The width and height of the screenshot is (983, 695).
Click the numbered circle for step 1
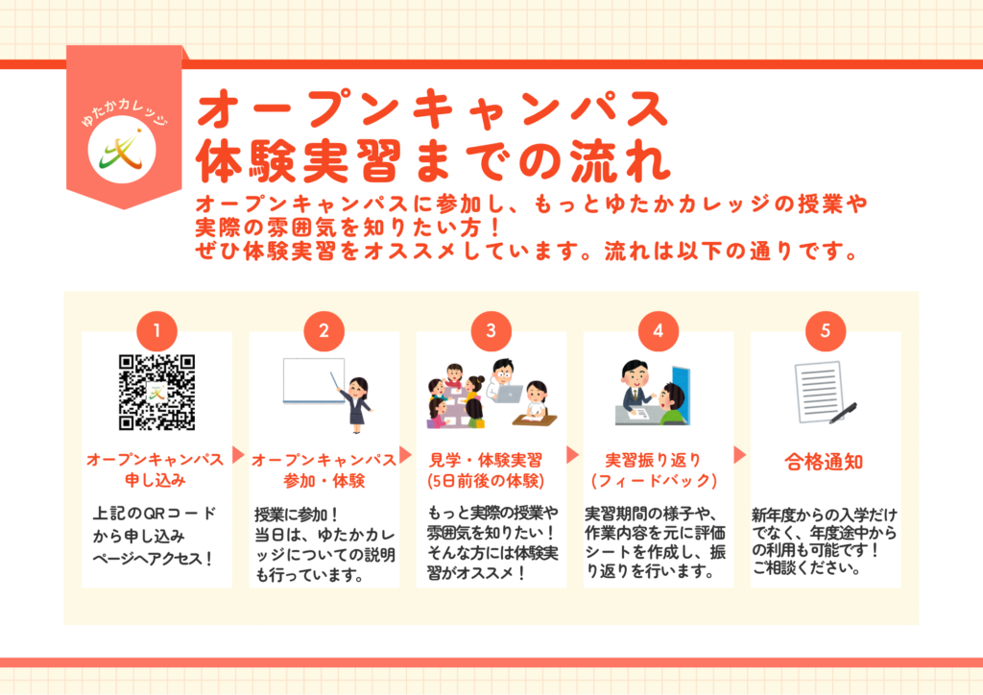coord(156,330)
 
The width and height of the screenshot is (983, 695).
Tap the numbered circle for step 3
coord(491,330)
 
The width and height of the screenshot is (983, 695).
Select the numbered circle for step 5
coord(825,330)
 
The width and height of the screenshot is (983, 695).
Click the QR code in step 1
coord(156,393)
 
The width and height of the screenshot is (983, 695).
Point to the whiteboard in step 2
coord(314,381)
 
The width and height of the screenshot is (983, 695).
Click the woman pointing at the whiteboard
coord(355,404)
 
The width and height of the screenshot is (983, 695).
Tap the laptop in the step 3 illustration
coord(507,394)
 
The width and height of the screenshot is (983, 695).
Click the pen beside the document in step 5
coord(843,413)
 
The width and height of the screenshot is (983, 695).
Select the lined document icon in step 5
coord(818,392)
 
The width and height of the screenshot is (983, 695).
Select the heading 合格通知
coord(824,462)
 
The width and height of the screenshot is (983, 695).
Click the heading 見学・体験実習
coord(485,460)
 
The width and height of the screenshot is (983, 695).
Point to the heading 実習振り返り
coord(653,460)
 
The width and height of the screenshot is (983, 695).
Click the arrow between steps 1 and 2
coord(238,454)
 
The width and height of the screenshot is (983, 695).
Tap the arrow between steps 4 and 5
coord(740,454)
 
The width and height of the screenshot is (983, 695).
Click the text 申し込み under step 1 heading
coord(156,481)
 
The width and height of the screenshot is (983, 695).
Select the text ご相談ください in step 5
coord(806,567)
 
